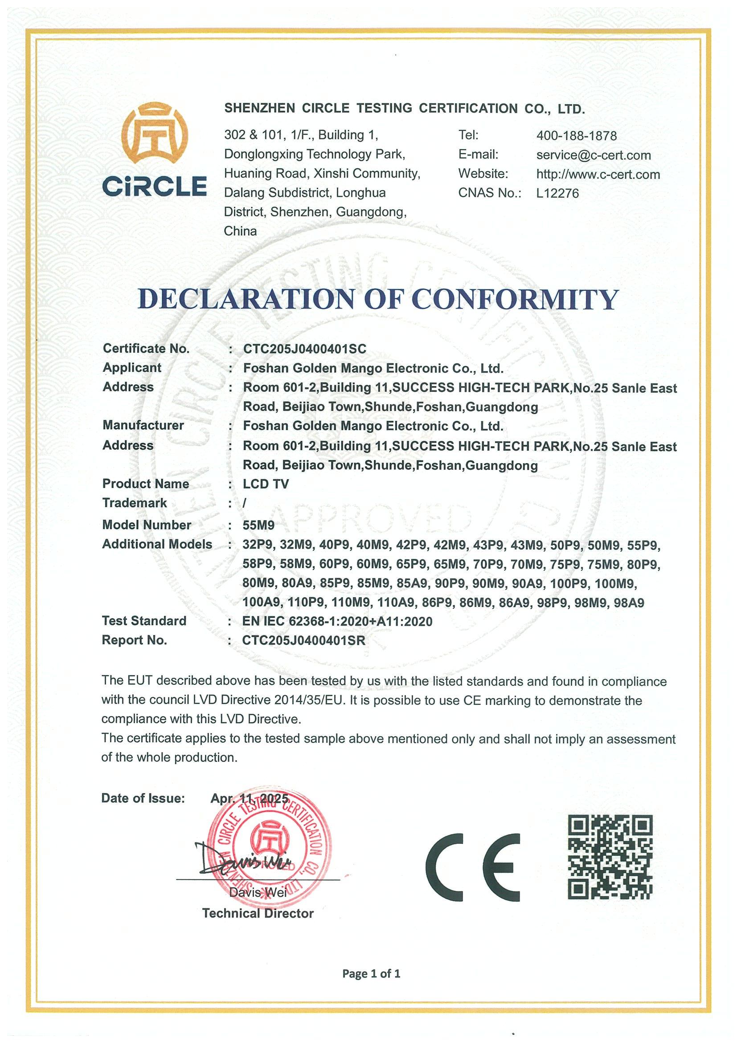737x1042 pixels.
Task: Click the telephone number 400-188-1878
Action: tap(576, 136)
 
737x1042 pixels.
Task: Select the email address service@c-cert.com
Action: tap(593, 155)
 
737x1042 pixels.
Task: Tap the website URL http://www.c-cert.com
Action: tap(598, 174)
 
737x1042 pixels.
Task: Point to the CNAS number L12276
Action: tap(557, 193)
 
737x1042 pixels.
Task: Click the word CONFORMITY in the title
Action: tap(515, 300)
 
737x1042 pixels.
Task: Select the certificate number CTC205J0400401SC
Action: tap(304, 349)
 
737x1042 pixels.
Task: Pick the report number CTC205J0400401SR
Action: tap(303, 640)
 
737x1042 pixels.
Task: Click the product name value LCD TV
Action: tap(266, 484)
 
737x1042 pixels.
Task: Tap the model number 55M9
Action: tap(258, 525)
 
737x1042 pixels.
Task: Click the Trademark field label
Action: tap(135, 503)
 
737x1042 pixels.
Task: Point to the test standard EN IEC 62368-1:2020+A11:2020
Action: tap(337, 621)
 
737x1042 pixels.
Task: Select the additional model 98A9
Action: tap(628, 602)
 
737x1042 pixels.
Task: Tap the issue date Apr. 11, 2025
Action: tap(249, 798)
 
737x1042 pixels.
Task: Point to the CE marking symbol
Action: tap(472, 867)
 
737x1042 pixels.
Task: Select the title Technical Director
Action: tap(258, 914)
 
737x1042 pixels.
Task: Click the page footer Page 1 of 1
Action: tap(371, 973)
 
